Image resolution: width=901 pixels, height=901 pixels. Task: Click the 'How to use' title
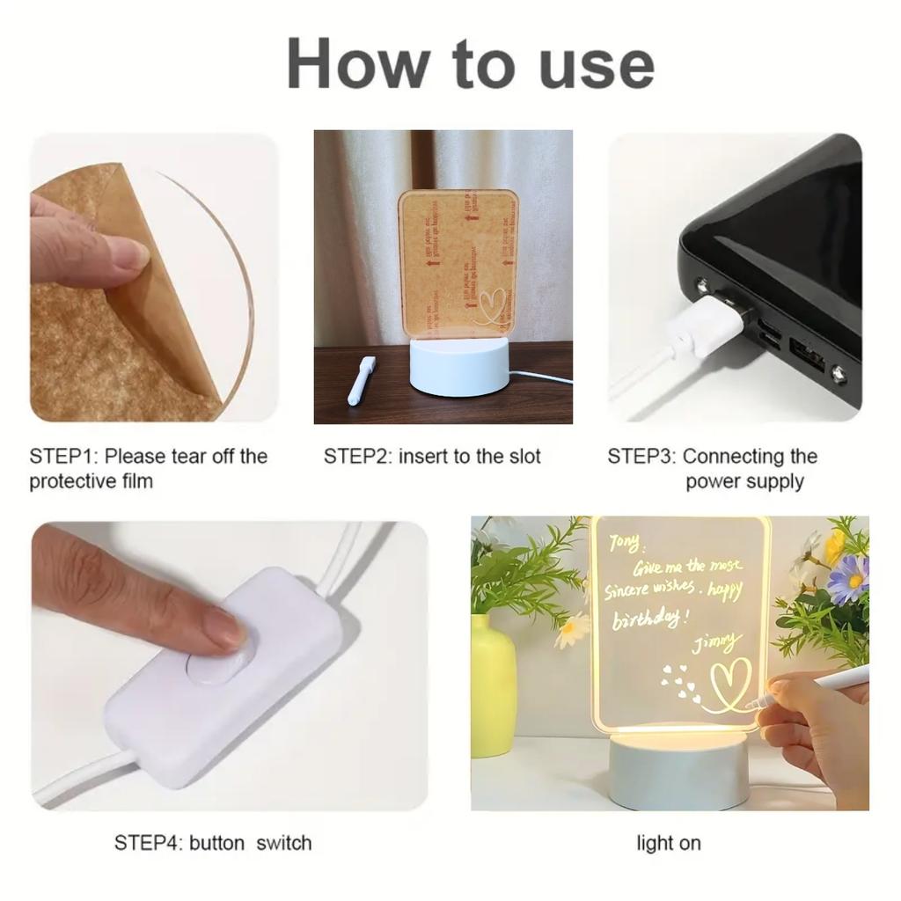click(471, 64)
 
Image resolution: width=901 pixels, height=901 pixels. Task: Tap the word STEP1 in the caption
click(63, 457)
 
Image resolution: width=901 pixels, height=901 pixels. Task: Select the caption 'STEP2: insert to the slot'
click(432, 457)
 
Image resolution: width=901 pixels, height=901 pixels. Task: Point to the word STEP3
click(641, 457)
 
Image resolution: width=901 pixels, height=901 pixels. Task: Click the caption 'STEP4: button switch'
click(213, 843)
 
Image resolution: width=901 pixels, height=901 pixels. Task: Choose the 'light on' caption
click(669, 843)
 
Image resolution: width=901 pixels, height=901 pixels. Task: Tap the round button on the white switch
click(221, 667)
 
